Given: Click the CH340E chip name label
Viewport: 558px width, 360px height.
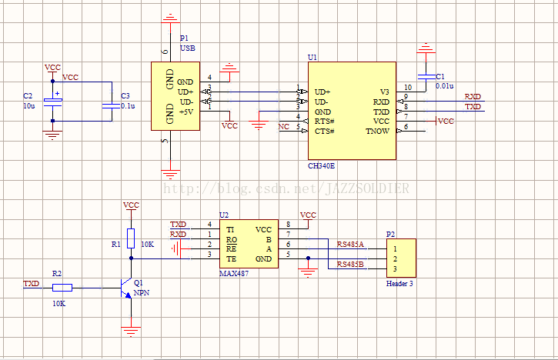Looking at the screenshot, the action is point(322,166).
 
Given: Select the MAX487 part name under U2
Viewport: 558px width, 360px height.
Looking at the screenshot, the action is point(234,274).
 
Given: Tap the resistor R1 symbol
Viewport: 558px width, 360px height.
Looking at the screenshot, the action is point(131,238).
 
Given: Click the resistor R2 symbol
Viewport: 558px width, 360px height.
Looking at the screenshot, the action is point(62,288).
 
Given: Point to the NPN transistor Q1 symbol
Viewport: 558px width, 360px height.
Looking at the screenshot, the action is point(126,288).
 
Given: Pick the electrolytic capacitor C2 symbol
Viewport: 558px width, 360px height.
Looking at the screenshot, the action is point(52,102).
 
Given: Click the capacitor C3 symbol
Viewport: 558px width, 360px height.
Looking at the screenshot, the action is point(112,106).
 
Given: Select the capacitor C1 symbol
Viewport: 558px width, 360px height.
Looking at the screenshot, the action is point(426,77).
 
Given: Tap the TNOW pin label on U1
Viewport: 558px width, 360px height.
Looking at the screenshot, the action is point(378,132).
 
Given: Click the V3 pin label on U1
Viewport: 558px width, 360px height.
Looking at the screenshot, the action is point(384,92).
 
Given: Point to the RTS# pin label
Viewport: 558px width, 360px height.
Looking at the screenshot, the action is point(325,122).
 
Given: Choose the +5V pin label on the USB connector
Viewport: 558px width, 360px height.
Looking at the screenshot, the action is point(186,112).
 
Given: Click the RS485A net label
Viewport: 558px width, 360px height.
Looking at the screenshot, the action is point(350,245).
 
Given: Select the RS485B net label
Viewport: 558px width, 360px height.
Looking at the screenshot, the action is point(350,265).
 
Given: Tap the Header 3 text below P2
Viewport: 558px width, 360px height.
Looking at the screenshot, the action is point(399,284).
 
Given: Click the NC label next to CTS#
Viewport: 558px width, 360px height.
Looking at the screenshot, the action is point(284,127).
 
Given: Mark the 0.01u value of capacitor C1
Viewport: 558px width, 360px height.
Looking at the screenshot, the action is point(445,86).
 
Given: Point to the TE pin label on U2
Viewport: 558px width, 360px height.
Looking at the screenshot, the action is point(232,259).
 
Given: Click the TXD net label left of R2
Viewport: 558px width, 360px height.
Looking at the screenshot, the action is point(32,284).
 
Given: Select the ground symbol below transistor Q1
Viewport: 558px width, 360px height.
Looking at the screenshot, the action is point(131,332).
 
